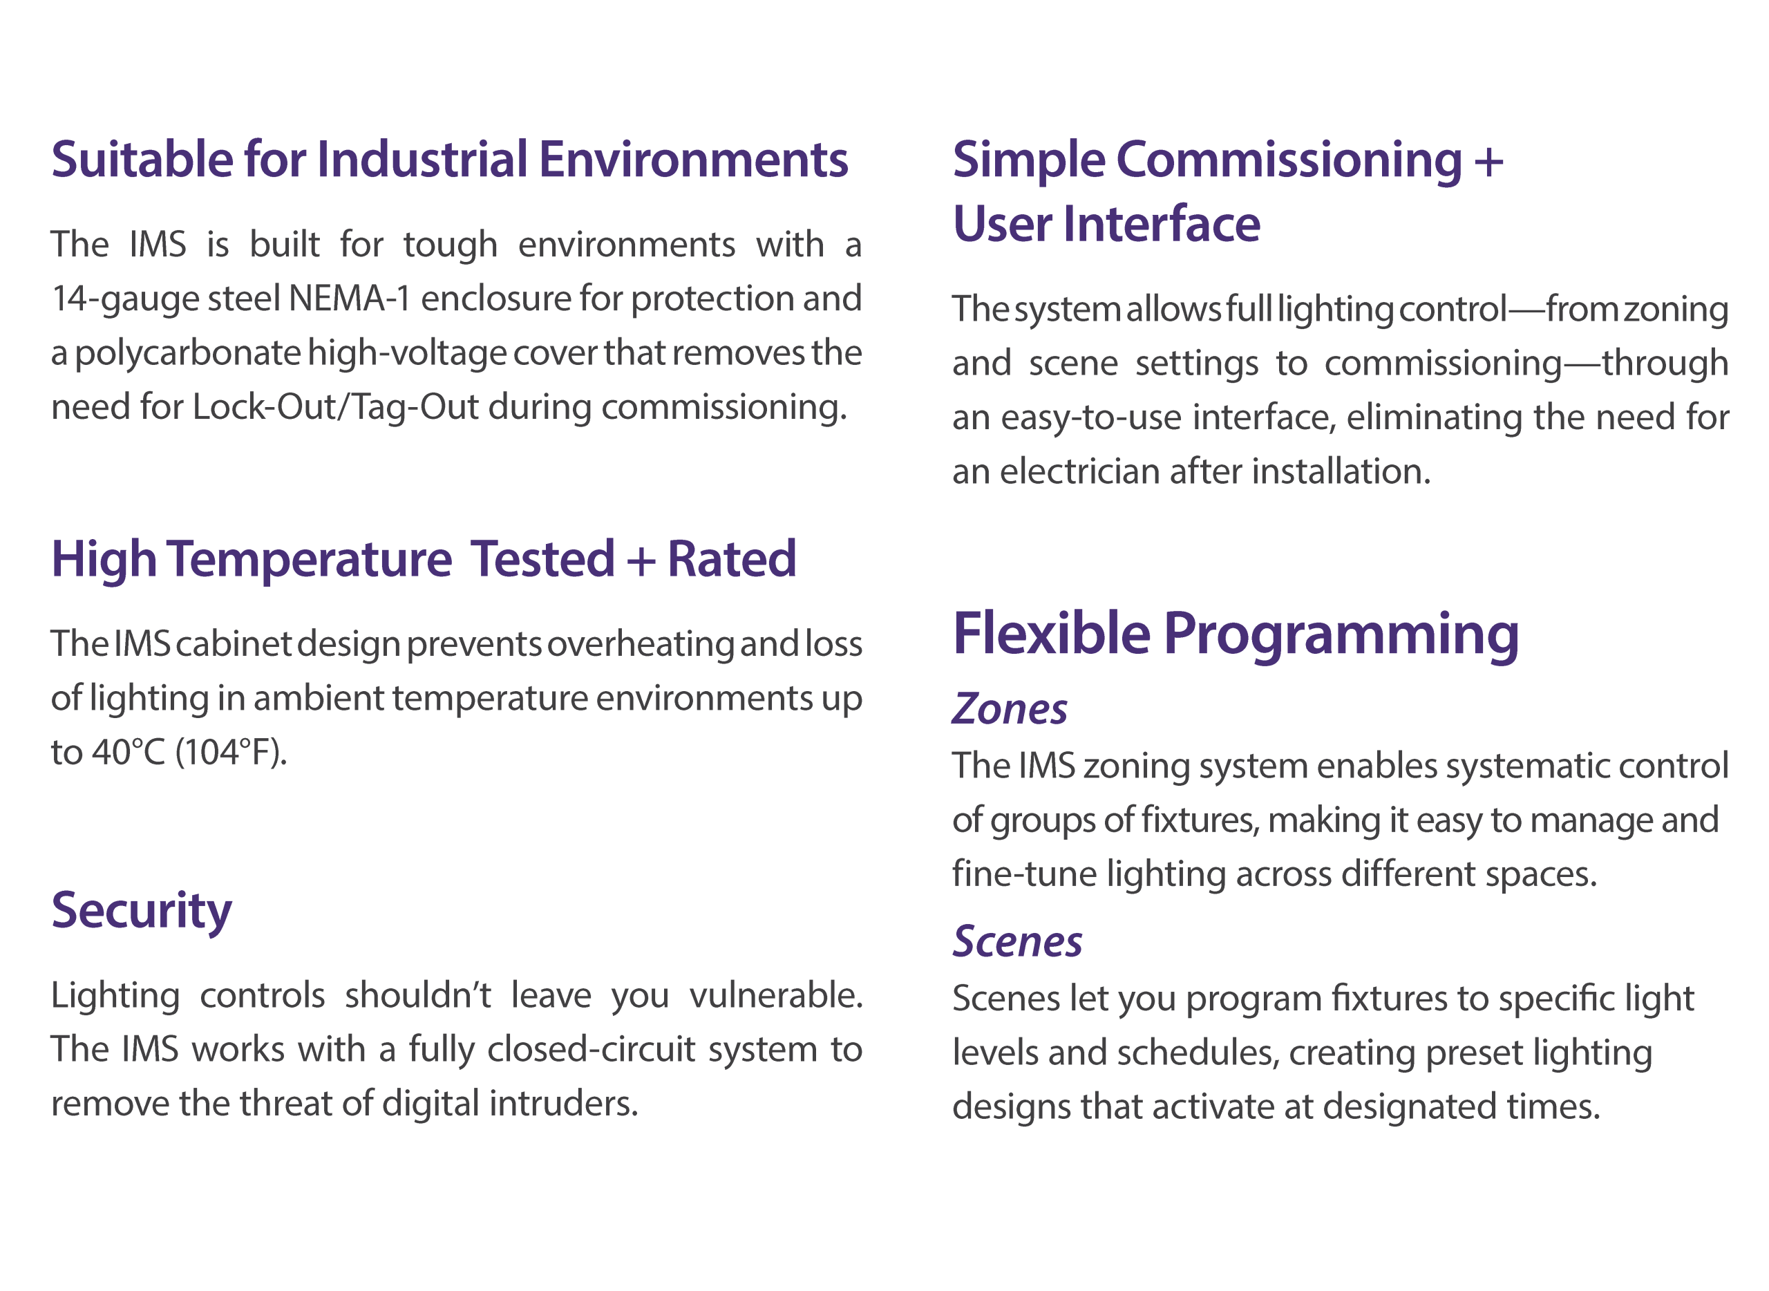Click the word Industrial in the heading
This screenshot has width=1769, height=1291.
point(422,160)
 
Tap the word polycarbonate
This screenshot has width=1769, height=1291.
point(187,353)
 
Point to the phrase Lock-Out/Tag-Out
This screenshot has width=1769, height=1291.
point(334,407)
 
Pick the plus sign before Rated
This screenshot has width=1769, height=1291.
point(640,562)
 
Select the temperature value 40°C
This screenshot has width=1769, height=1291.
point(129,753)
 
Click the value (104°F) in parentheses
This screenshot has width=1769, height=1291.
point(231,753)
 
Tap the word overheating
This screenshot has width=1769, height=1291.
point(640,644)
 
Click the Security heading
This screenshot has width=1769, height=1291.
point(142,911)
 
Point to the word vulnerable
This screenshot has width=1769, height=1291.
point(776,996)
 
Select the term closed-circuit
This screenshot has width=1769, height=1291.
point(591,1050)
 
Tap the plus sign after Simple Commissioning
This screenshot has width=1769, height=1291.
point(1488,161)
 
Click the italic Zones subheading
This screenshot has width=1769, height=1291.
point(1009,710)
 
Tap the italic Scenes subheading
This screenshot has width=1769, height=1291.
point(1017,942)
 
